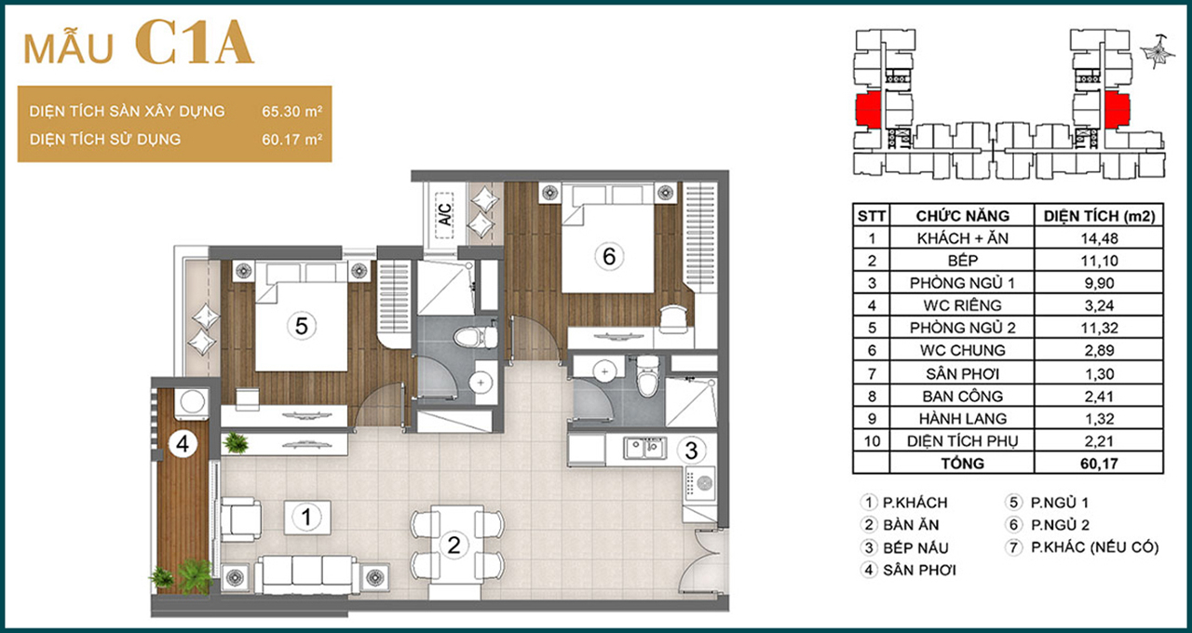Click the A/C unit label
pos(445,215)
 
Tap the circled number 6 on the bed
pos(609,256)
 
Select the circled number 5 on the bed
pos(301,326)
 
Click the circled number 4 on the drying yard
pos(183,443)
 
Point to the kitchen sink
pos(644,449)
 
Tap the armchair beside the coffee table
pos(240,519)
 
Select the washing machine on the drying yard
pos(192,402)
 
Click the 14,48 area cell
pos(1099,238)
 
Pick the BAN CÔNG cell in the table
pos(962,397)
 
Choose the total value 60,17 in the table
pos(1099,464)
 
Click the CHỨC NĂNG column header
pos(962,216)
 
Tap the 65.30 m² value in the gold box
pos(291,111)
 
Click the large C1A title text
pos(195,43)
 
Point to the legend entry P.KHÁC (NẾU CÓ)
pos(1094,547)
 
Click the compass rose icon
pos(1158,52)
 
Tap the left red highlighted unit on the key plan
pos(868,110)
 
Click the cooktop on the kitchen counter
pos(699,483)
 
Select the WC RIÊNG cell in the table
pos(962,305)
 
